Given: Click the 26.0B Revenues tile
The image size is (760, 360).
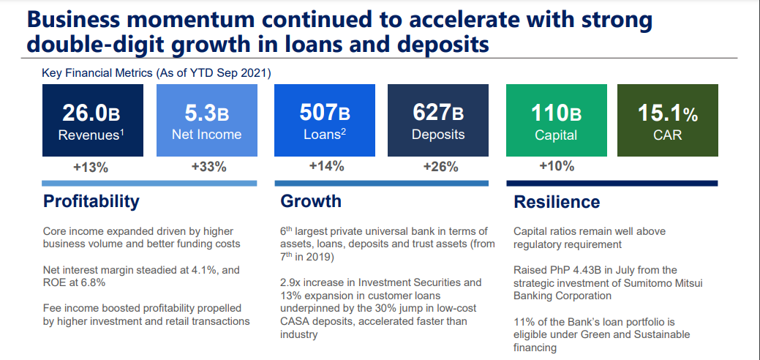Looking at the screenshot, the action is [x=93, y=120].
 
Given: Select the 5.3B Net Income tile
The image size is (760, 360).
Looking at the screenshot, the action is [x=206, y=120].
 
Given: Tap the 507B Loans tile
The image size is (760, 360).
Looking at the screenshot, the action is [x=325, y=120].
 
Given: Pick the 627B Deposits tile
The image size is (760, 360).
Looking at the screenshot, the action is [x=438, y=120].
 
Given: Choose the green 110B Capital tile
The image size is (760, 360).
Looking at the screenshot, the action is [x=557, y=120].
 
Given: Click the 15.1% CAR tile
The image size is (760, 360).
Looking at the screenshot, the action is [x=667, y=120].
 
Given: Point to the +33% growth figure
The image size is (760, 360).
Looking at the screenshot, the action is [x=209, y=167].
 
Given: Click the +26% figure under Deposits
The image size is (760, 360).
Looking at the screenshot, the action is [x=440, y=167].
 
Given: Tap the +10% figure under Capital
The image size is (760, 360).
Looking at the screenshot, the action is [x=557, y=166].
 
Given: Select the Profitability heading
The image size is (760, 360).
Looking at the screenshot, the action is [x=91, y=201].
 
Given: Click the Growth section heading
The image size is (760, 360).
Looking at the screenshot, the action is [x=311, y=201].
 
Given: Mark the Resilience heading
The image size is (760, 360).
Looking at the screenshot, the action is [x=557, y=201].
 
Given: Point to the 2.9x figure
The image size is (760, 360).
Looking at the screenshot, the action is [x=290, y=282].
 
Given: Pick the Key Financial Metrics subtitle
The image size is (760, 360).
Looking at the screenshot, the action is [x=157, y=74].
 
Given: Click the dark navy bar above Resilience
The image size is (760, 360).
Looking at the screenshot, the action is [x=612, y=184].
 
